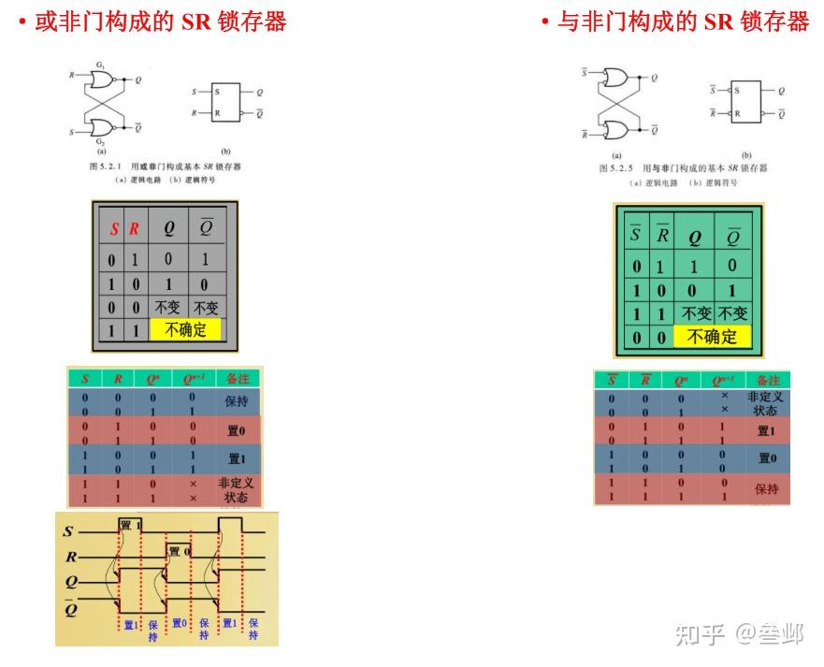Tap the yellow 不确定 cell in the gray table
pyautogui.click(x=186, y=329)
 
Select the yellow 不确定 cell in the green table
pyautogui.click(x=713, y=337)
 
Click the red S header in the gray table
pyautogui.click(x=114, y=228)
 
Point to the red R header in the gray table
pyautogui.click(x=134, y=228)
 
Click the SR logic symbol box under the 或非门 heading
pyautogui.click(x=225, y=102)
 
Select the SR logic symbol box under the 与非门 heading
pyautogui.click(x=746, y=101)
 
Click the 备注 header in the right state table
pyautogui.click(x=767, y=381)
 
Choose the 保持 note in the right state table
pyautogui.click(x=767, y=489)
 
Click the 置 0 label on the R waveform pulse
pyautogui.click(x=179, y=552)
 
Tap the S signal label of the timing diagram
pyautogui.click(x=68, y=531)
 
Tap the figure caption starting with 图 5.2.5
pyautogui.click(x=683, y=168)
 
